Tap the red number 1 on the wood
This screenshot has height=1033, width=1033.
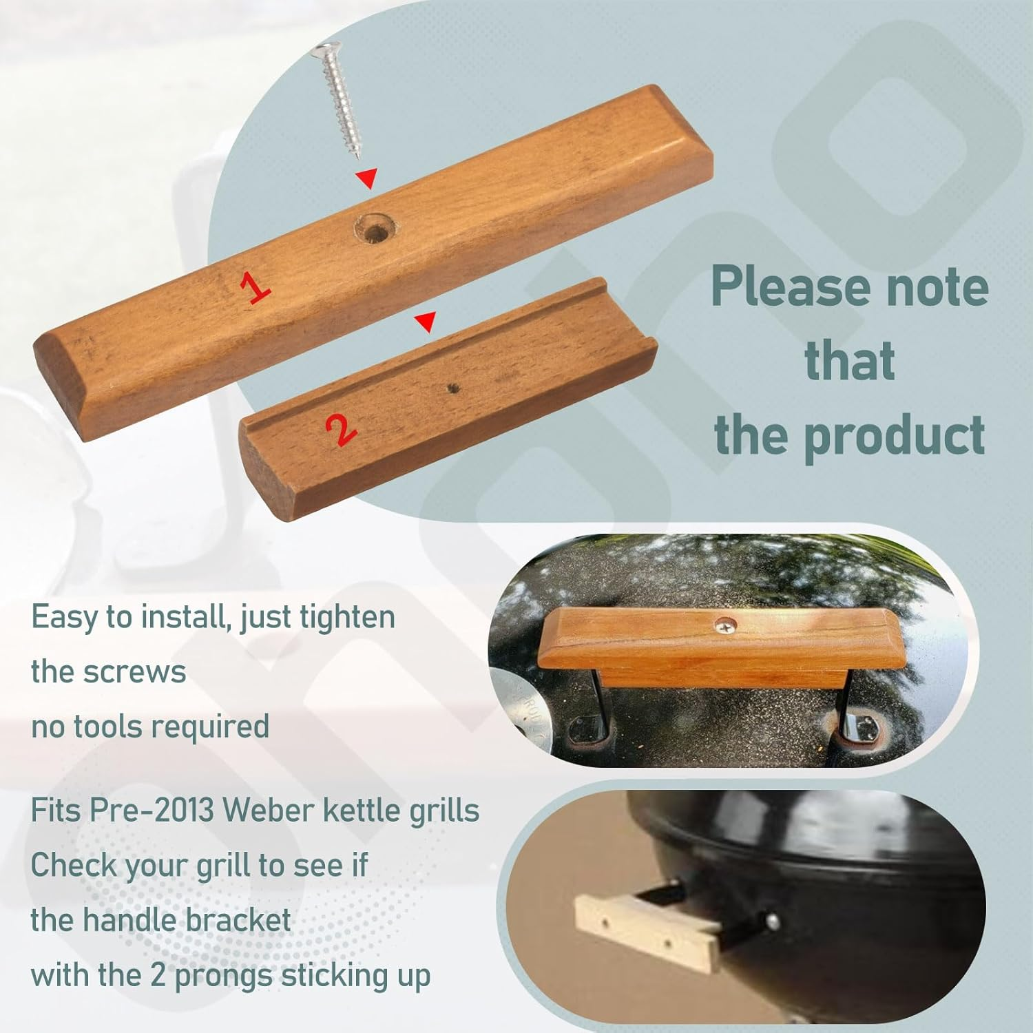tap(255, 286)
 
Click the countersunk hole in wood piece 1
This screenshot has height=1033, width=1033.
tap(375, 228)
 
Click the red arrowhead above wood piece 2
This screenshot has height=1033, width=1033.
tap(426, 321)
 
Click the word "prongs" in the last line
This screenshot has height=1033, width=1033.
tap(225, 976)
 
